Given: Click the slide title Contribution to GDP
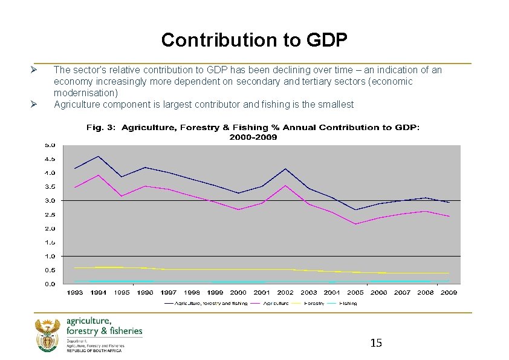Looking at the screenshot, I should coord(254,40).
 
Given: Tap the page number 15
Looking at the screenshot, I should coord(375,343).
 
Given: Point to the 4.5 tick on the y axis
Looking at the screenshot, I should coord(49,159).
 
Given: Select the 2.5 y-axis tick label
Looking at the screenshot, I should coord(49,215).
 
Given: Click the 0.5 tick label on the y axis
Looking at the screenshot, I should coord(49,270).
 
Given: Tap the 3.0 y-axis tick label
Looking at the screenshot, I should coord(49,201).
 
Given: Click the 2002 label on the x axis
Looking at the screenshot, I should coord(285,292).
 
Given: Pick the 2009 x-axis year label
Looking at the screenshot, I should coord(448,292).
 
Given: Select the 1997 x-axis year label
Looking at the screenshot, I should coord(169,292).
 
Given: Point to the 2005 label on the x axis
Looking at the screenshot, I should coord(355,292).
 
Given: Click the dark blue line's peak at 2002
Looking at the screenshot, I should coord(285,168).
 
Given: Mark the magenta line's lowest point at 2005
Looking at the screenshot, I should coord(355,224).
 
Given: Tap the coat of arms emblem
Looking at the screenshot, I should coord(46,335).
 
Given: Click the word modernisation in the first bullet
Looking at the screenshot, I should coord(86,93).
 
